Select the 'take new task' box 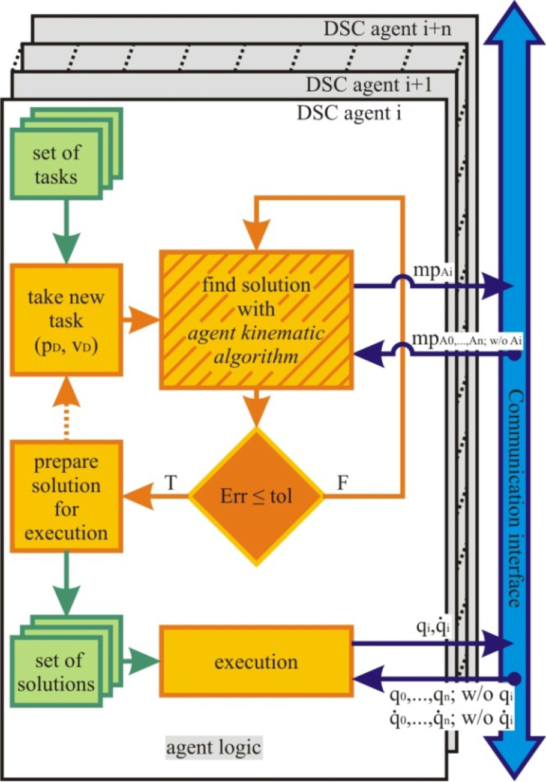(x=67, y=320)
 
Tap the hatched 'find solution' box (x=256, y=320)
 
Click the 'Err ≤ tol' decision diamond (x=256, y=496)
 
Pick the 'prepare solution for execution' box (x=67, y=496)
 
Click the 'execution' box (x=256, y=662)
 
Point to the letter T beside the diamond (x=170, y=483)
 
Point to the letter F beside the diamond (x=343, y=483)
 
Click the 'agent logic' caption (x=214, y=748)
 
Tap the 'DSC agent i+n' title (x=388, y=29)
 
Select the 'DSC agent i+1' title (x=369, y=85)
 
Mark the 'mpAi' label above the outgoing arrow (x=433, y=270)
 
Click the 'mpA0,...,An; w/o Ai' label (x=467, y=339)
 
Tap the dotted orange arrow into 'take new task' (x=67, y=408)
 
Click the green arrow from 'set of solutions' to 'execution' (x=141, y=661)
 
